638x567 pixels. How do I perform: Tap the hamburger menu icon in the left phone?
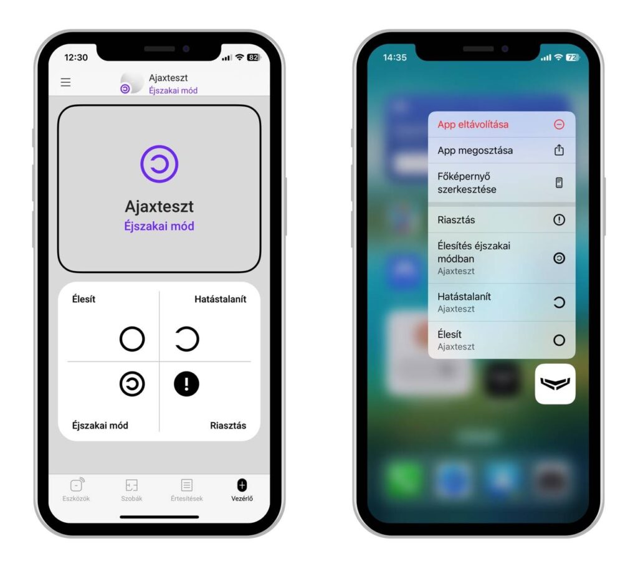click(65, 82)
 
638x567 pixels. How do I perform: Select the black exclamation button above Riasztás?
click(186, 384)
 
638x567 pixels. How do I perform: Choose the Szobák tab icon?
click(131, 485)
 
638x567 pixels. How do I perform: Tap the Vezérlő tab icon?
click(242, 485)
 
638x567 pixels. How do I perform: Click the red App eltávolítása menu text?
click(473, 125)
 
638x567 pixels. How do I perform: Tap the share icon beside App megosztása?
click(559, 150)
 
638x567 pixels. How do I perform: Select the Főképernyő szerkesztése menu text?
click(467, 183)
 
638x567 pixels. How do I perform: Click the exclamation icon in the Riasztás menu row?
click(559, 220)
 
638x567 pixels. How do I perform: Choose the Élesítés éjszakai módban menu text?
click(474, 252)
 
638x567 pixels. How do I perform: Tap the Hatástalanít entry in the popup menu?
click(464, 297)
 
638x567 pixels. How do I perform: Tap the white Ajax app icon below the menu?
click(555, 384)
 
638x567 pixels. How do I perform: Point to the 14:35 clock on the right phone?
click(394, 57)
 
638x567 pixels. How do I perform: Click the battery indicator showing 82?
click(254, 57)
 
